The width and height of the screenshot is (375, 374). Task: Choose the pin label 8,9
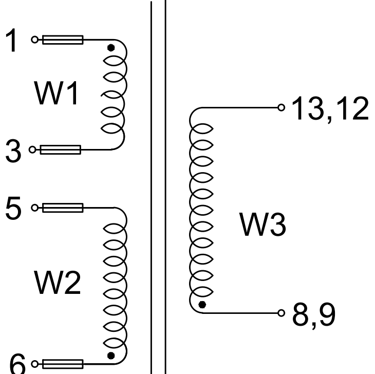pyautogui.click(x=313, y=314)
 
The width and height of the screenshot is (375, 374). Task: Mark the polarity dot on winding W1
pyautogui.click(x=110, y=48)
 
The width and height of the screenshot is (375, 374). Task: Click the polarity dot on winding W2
pyautogui.click(x=109, y=355)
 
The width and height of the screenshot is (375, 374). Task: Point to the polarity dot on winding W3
pyautogui.click(x=202, y=305)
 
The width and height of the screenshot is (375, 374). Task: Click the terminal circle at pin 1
pyautogui.click(x=34, y=40)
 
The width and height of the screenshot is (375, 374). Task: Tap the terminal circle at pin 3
pyautogui.click(x=32, y=150)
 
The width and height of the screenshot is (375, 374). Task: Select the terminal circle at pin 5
pyautogui.click(x=34, y=208)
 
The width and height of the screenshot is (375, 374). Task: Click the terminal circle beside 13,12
pyautogui.click(x=280, y=107)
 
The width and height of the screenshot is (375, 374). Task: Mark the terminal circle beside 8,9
pyautogui.click(x=280, y=312)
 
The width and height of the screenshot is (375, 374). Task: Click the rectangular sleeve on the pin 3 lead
pyautogui.click(x=60, y=150)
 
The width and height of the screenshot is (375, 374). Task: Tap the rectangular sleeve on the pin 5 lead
pyautogui.click(x=62, y=208)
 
